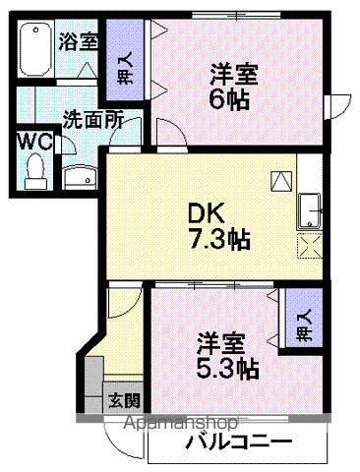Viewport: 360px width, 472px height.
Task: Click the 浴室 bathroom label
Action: [x=77, y=42]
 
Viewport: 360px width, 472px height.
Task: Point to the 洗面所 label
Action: [x=92, y=120]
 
